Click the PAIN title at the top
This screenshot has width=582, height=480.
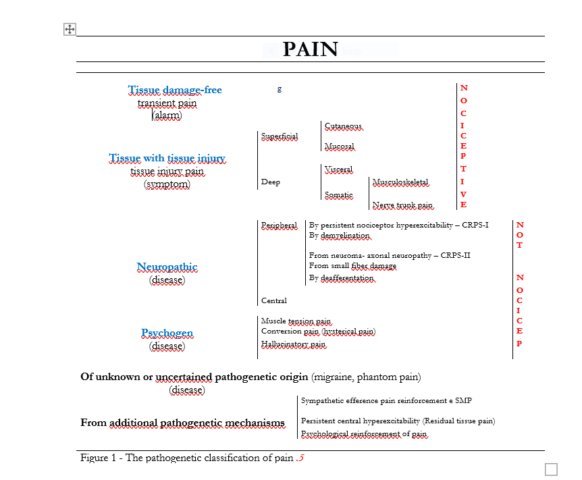tap(311, 49)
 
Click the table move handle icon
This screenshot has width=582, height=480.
tap(70, 29)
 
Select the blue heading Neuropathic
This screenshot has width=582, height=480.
tap(167, 267)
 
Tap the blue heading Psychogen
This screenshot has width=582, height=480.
tap(167, 334)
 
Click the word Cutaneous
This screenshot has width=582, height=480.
tap(344, 126)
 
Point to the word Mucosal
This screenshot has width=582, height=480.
tap(340, 146)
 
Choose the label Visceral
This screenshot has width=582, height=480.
tap(338, 169)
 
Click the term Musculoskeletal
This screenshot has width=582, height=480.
tap(400, 182)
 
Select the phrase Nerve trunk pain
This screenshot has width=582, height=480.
tap(402, 205)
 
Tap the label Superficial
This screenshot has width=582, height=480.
tap(280, 136)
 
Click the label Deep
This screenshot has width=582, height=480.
tap(271, 182)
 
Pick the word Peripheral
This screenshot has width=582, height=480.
tap(279, 225)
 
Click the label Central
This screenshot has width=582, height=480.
tap(274, 300)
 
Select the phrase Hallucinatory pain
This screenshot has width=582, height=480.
tap(293, 344)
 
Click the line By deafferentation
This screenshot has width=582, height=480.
tap(342, 278)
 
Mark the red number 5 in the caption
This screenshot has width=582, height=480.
tap(301, 458)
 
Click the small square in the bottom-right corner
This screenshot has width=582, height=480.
tap(551, 469)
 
